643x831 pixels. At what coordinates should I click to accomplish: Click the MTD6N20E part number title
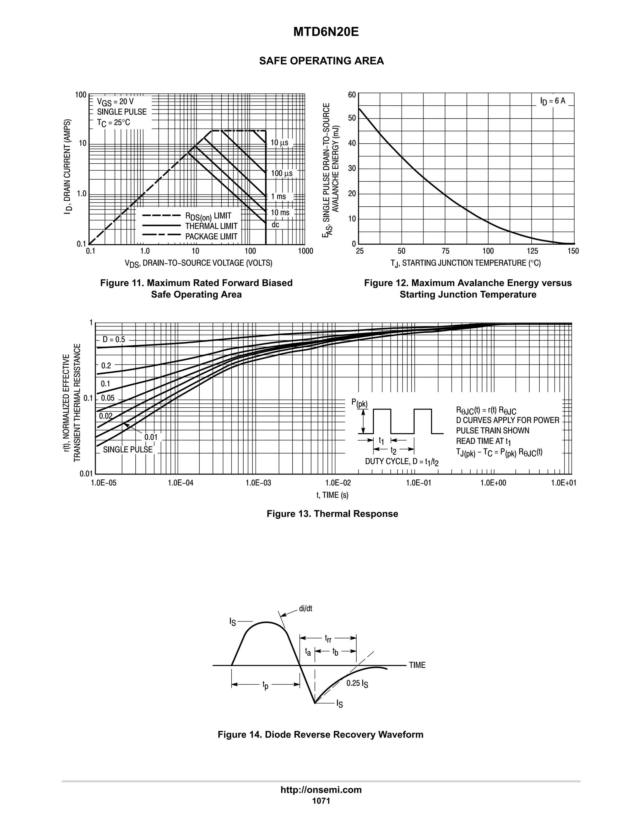(x=326, y=32)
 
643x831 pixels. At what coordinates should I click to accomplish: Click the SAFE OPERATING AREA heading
(x=321, y=61)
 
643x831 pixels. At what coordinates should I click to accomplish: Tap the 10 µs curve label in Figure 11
(x=279, y=143)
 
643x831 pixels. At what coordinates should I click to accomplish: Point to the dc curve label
(x=275, y=225)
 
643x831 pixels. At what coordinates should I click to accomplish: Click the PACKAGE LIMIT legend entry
(x=211, y=237)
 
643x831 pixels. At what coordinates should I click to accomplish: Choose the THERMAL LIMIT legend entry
(x=211, y=226)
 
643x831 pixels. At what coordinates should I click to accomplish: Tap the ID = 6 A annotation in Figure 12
(x=552, y=101)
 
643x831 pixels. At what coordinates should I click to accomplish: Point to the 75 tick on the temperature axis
(x=445, y=251)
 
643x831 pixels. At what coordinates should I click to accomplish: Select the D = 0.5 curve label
(x=114, y=339)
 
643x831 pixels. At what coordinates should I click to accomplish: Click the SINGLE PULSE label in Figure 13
(x=127, y=449)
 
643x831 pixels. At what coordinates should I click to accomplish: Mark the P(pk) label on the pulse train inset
(x=359, y=403)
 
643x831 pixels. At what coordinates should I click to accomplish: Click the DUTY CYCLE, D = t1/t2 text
(x=402, y=462)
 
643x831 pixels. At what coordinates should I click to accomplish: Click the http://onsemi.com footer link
(x=321, y=790)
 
